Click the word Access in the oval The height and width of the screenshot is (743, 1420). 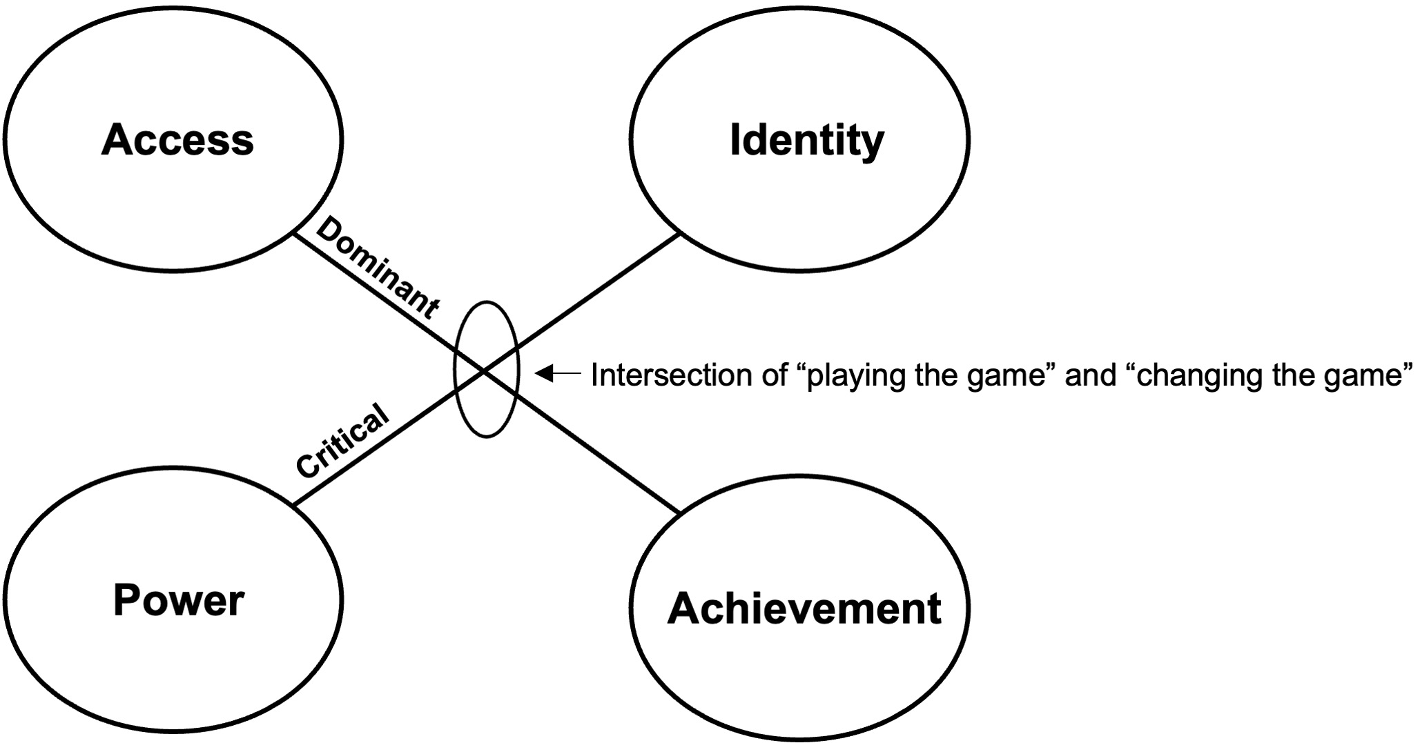(x=177, y=140)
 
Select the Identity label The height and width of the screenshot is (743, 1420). (x=806, y=140)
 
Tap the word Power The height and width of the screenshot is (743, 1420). (x=178, y=600)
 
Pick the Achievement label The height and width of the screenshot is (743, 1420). (x=804, y=608)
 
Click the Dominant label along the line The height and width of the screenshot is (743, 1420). (x=376, y=269)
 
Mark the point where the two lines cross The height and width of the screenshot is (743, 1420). (x=486, y=371)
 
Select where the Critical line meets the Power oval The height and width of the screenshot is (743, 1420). (x=294, y=505)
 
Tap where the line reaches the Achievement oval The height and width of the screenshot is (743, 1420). (x=680, y=513)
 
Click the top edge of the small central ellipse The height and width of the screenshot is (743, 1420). (x=487, y=301)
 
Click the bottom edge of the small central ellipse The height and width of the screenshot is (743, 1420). (x=487, y=437)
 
